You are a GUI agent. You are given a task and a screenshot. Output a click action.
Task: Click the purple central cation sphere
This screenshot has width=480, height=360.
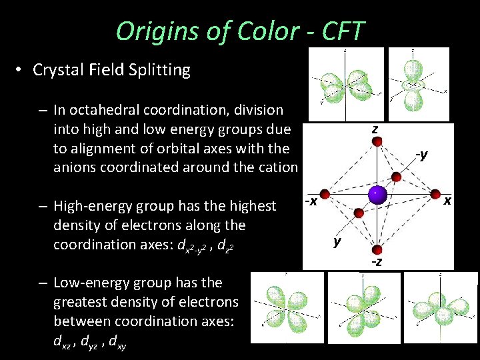point(378,195)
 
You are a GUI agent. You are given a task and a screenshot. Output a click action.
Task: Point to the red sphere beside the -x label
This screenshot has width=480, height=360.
point(325,195)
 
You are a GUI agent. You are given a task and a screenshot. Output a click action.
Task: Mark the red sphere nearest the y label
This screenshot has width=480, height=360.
point(359,213)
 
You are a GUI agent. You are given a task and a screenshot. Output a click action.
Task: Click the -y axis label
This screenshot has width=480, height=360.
point(421,155)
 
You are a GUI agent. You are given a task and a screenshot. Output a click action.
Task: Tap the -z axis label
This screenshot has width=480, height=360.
point(377,261)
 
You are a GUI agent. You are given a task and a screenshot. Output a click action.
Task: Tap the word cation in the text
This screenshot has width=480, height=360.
point(276,167)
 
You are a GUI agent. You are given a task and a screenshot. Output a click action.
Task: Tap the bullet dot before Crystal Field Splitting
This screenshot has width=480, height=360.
point(22,69)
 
